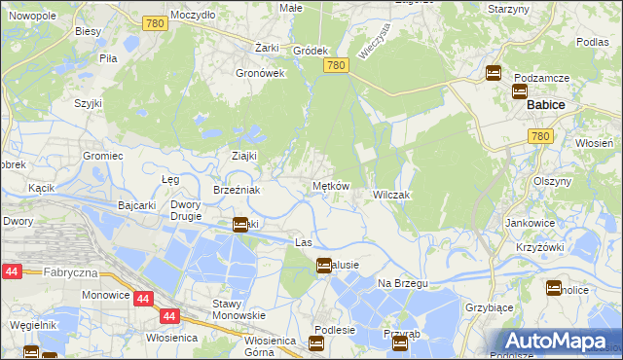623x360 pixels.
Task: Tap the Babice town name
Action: point(547,104)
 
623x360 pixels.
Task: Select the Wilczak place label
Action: point(392,195)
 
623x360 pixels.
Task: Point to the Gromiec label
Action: point(102,156)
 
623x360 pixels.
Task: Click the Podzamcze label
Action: point(542,77)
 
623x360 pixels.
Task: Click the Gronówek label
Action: point(260,72)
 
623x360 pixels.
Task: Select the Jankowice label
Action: point(531,223)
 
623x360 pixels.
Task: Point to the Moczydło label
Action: point(193,16)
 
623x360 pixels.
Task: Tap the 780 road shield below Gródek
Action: point(336,65)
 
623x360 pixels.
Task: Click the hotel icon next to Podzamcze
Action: point(494,73)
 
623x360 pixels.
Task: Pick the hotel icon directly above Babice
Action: point(519,91)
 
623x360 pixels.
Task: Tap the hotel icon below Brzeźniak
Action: point(240,225)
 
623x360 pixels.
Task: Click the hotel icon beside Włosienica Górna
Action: point(316,342)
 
